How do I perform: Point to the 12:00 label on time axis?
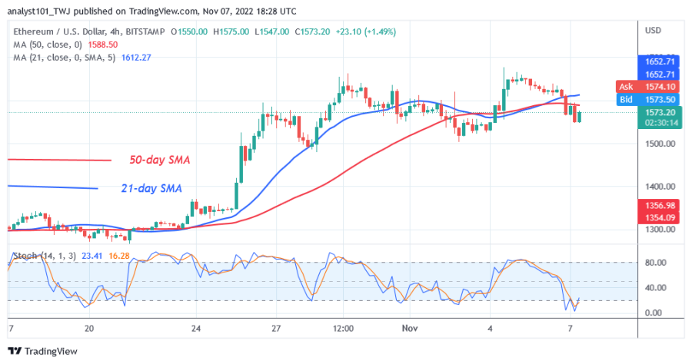tap(343, 328)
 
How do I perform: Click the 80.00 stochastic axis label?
tap(654, 263)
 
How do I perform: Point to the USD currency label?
tap(653, 30)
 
